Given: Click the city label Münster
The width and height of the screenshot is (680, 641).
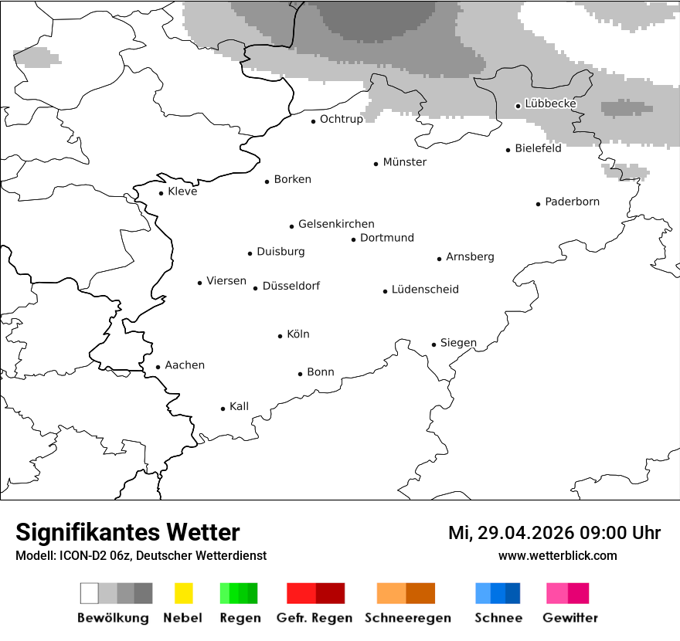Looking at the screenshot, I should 404,162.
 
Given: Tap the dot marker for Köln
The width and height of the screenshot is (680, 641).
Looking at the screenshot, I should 280,336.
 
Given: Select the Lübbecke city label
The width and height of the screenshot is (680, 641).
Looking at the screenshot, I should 550,103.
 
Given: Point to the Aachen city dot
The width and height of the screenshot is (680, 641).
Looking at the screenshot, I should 158,368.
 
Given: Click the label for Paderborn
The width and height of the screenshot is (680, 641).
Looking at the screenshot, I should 572,202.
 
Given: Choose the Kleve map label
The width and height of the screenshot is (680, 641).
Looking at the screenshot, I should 182,192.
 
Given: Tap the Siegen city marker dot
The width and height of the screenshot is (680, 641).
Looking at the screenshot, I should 433,344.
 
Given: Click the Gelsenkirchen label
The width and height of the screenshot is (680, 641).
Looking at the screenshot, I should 336,224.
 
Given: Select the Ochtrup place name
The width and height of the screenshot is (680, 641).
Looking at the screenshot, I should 341,119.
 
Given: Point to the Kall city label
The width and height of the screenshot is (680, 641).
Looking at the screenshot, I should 239,406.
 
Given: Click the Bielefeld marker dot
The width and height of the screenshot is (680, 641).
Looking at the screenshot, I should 508,150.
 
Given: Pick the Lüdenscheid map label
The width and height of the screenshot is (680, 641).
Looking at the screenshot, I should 425,290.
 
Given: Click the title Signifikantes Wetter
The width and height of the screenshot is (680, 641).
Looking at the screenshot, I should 127,532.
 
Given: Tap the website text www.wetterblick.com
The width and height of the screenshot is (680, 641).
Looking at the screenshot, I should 557,555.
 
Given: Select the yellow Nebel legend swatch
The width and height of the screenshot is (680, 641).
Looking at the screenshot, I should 183,593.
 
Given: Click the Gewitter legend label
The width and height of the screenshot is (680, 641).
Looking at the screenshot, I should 569,618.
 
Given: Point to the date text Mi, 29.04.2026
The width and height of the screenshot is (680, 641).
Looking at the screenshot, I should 510,533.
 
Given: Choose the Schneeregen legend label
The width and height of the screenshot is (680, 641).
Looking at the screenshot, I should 407,618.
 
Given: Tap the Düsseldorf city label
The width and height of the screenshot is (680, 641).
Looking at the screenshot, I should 291,286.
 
